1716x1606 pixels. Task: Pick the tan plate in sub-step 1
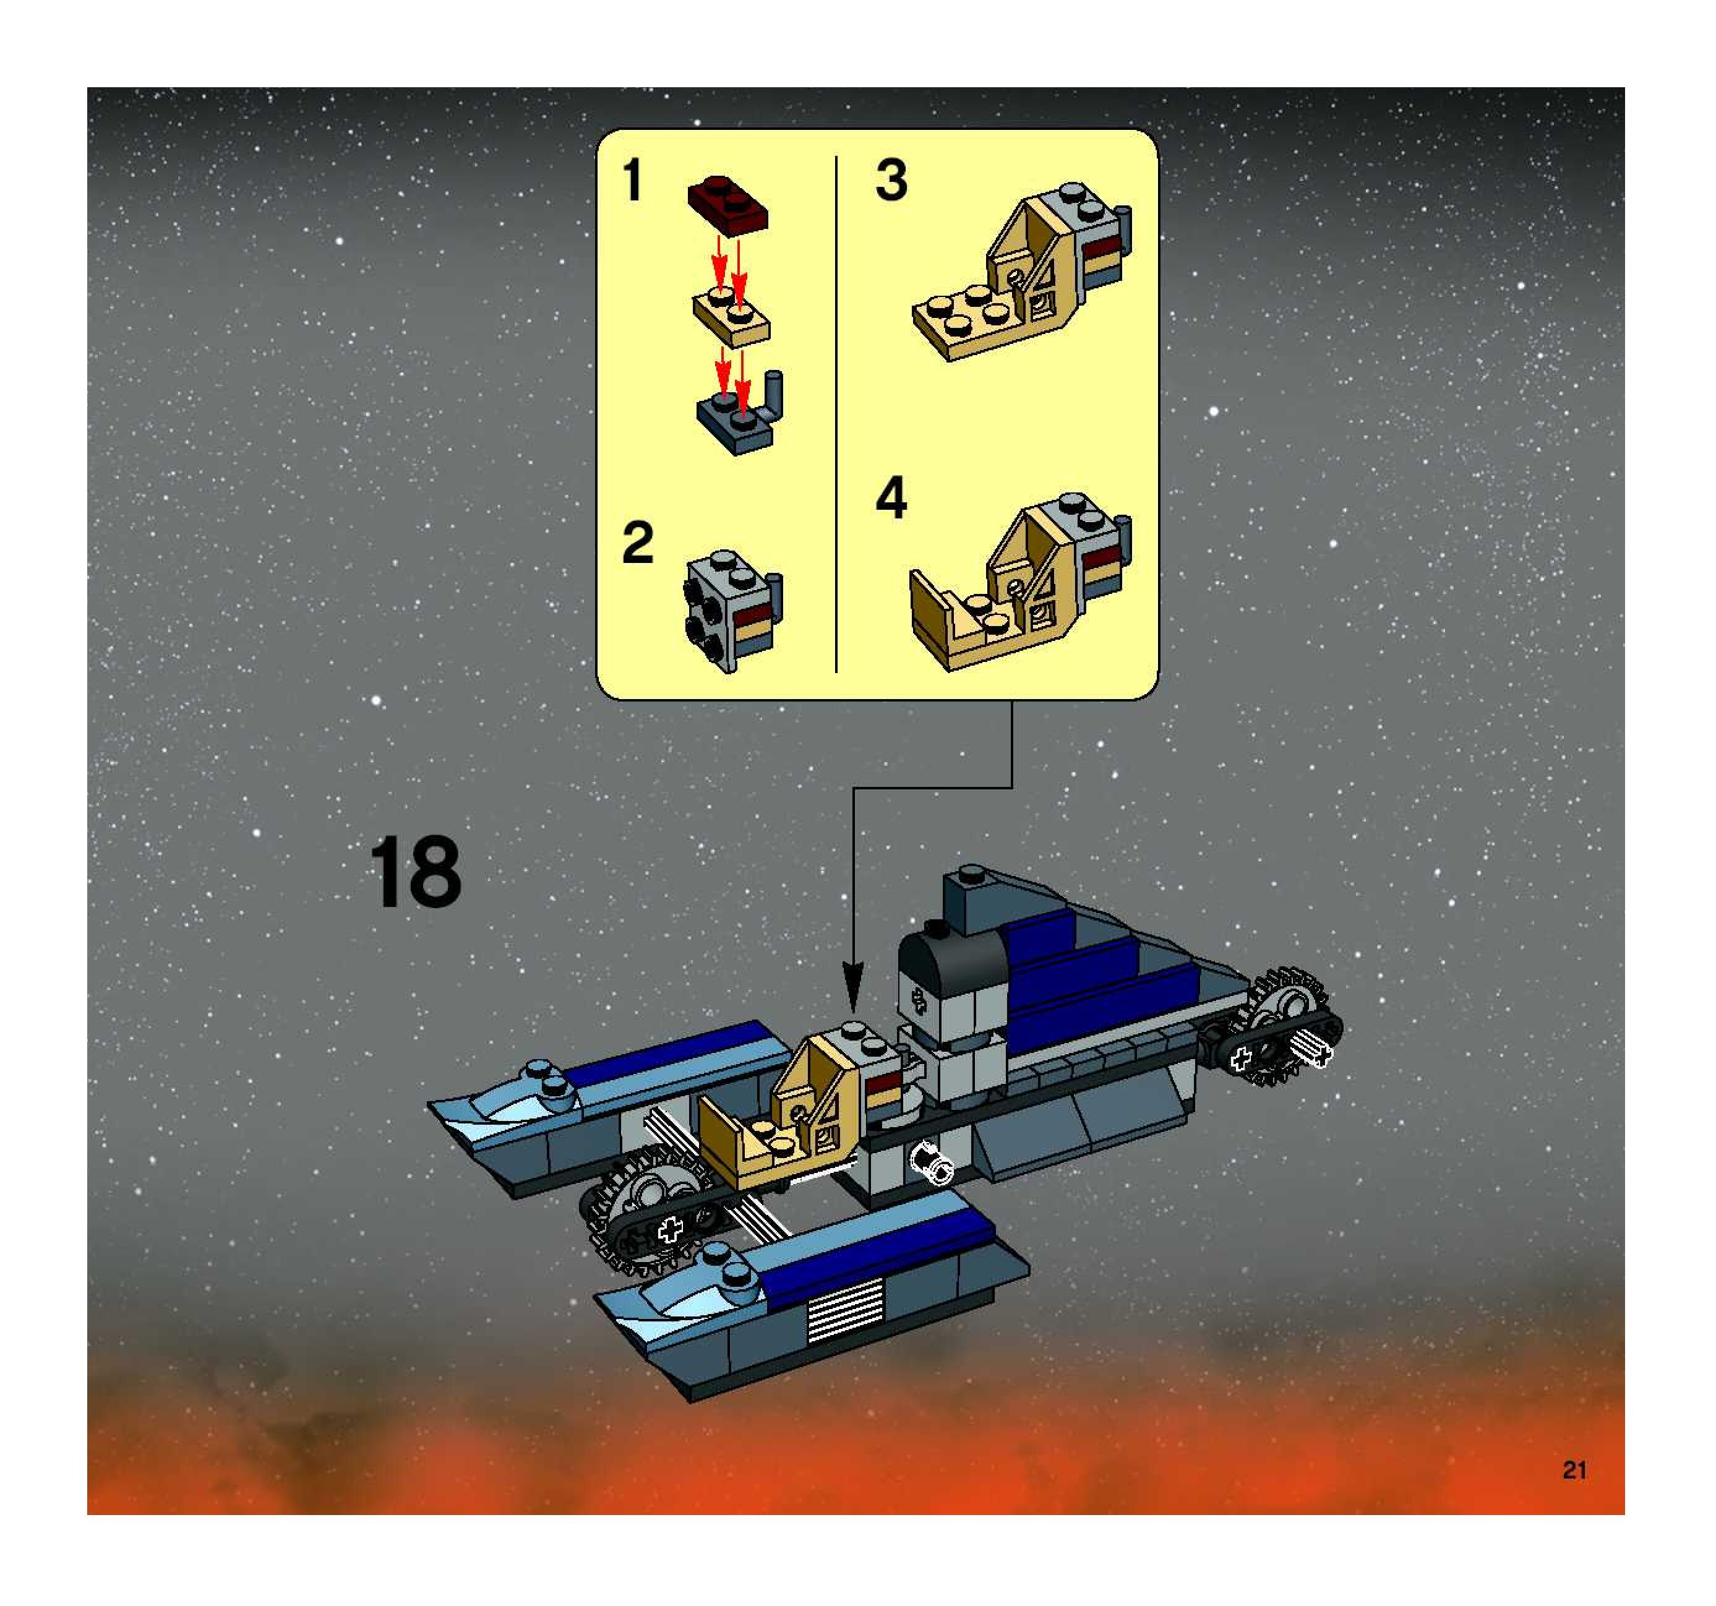pyautogui.click(x=732, y=317)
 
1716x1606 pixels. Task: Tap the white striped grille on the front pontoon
pyautogui.click(x=845, y=1310)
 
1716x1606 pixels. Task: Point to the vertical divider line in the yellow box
pyautogui.click(x=836, y=414)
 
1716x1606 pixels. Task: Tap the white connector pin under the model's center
pyautogui.click(x=932, y=1162)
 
